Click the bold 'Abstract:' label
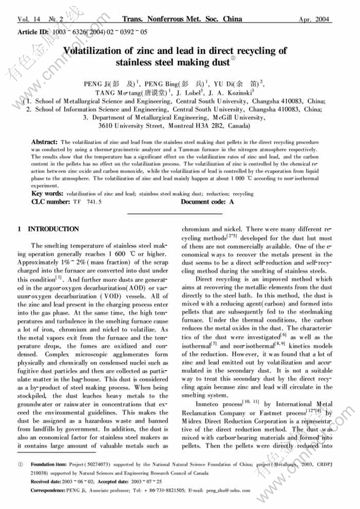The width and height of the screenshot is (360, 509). click(44, 142)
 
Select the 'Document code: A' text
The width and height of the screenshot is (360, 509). click(207, 202)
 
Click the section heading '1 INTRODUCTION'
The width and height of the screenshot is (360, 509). click(48, 229)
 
